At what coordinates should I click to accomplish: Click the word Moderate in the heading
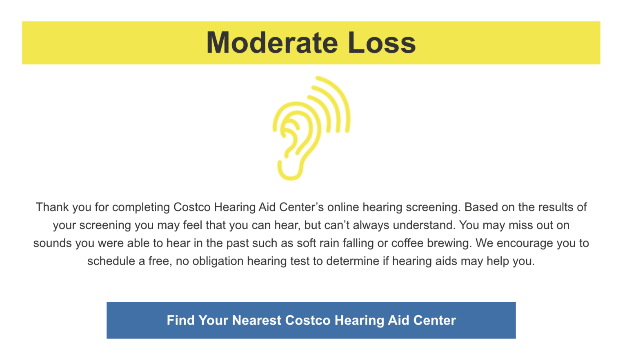[272, 43]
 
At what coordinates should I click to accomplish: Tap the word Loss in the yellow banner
[381, 43]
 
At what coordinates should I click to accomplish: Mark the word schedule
[111, 261]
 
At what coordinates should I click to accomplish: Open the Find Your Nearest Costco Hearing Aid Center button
[311, 320]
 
